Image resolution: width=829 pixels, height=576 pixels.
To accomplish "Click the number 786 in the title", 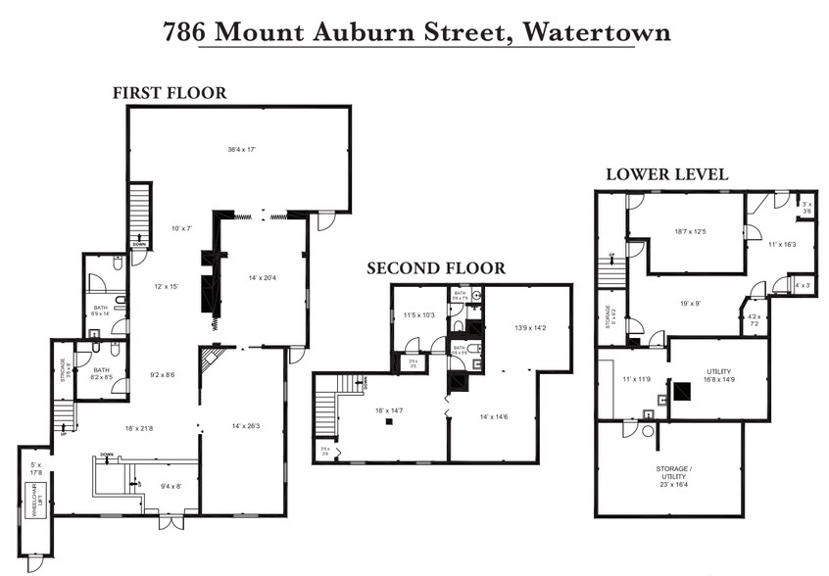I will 184,32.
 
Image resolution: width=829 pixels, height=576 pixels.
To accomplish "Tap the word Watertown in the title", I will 597,32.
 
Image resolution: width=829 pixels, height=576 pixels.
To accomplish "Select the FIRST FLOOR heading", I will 169,93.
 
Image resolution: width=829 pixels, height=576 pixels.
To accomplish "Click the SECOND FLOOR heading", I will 436,267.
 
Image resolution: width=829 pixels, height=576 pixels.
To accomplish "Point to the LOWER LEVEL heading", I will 666,174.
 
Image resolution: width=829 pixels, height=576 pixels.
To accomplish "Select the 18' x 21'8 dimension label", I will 138,428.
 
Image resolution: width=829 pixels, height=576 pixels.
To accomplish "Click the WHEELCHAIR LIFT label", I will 32,504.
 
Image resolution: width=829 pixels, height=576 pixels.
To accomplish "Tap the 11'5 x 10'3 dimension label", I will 418,315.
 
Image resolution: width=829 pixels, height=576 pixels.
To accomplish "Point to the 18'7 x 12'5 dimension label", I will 691,232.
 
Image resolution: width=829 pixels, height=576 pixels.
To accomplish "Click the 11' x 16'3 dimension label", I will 782,246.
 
